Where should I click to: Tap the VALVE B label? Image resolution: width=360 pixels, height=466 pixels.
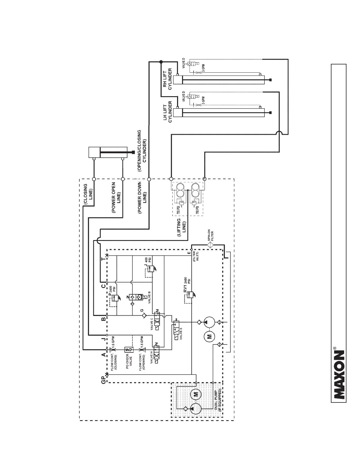[x=149, y=297]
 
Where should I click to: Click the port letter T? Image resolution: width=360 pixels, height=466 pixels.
[x=103, y=259]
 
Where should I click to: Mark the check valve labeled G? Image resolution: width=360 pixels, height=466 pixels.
[x=144, y=315]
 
